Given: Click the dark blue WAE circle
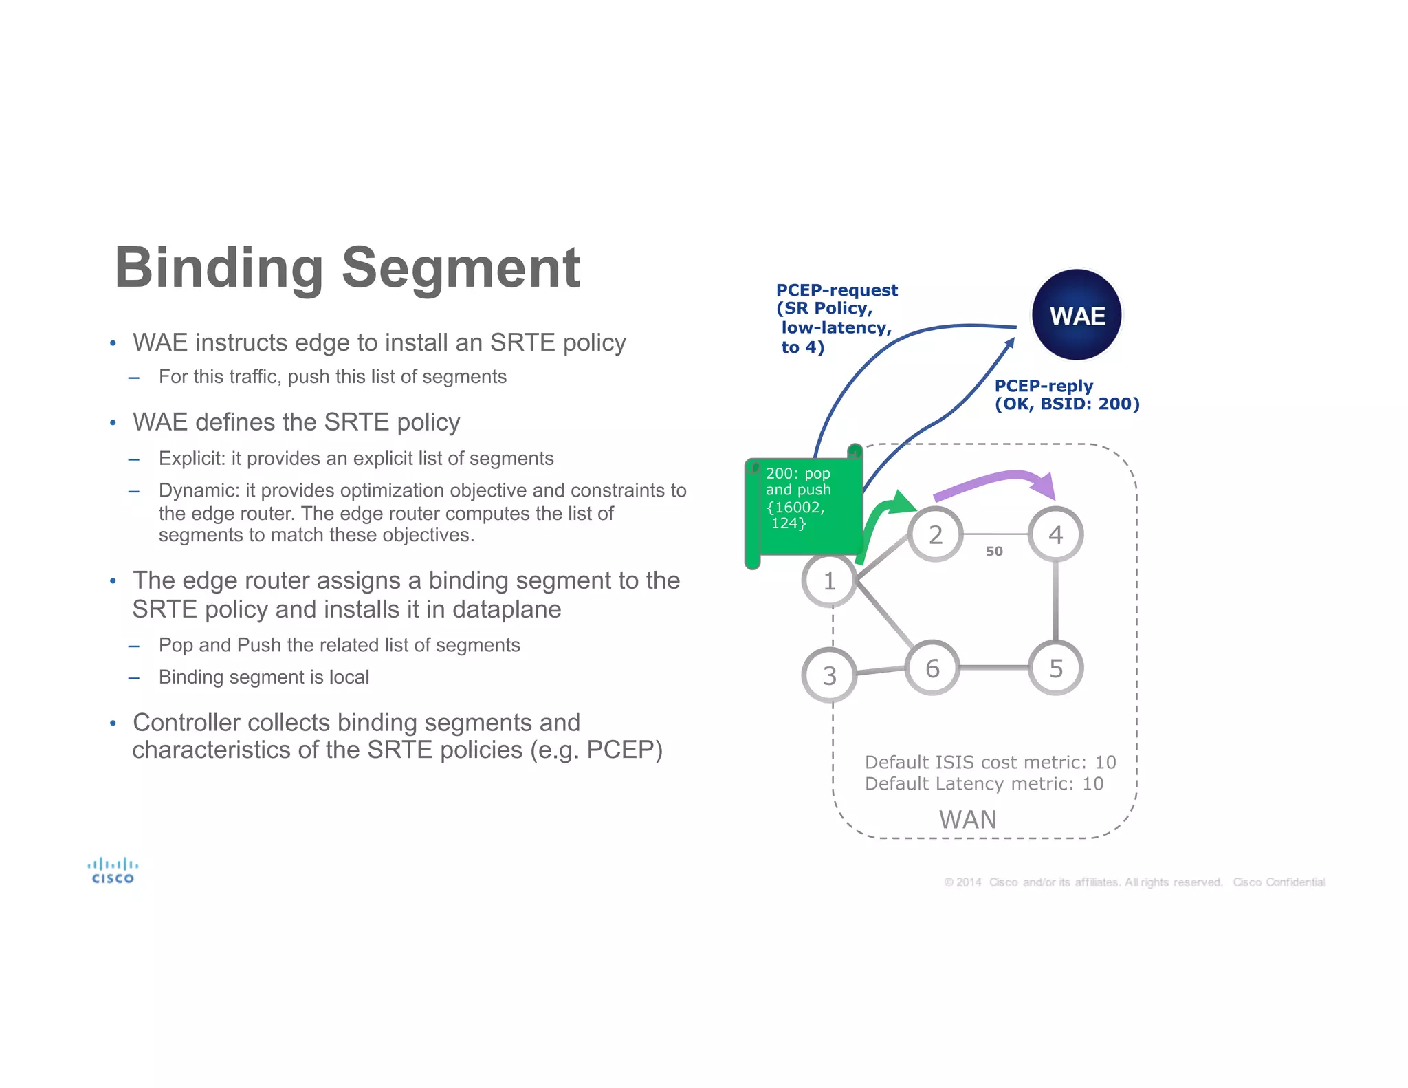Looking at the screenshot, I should (1077, 315).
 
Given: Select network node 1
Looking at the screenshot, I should (829, 581).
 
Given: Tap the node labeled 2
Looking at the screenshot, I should (935, 534).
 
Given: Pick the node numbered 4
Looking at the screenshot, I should (1055, 534).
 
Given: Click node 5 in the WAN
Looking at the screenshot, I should (1055, 668).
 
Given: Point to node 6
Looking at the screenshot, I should (932, 668).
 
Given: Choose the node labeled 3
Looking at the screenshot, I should (829, 675).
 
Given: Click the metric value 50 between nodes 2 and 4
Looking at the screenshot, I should (994, 551).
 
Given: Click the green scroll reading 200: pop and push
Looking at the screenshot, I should (803, 505).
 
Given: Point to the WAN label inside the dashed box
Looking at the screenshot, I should (967, 819).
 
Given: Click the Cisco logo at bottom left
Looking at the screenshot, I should (113, 870).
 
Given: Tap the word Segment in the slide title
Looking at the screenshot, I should (461, 268).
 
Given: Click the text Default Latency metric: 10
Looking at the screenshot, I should (983, 783).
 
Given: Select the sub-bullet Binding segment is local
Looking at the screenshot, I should (263, 677).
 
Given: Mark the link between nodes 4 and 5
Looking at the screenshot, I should (1055, 601).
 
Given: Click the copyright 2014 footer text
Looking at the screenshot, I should (1134, 882).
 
